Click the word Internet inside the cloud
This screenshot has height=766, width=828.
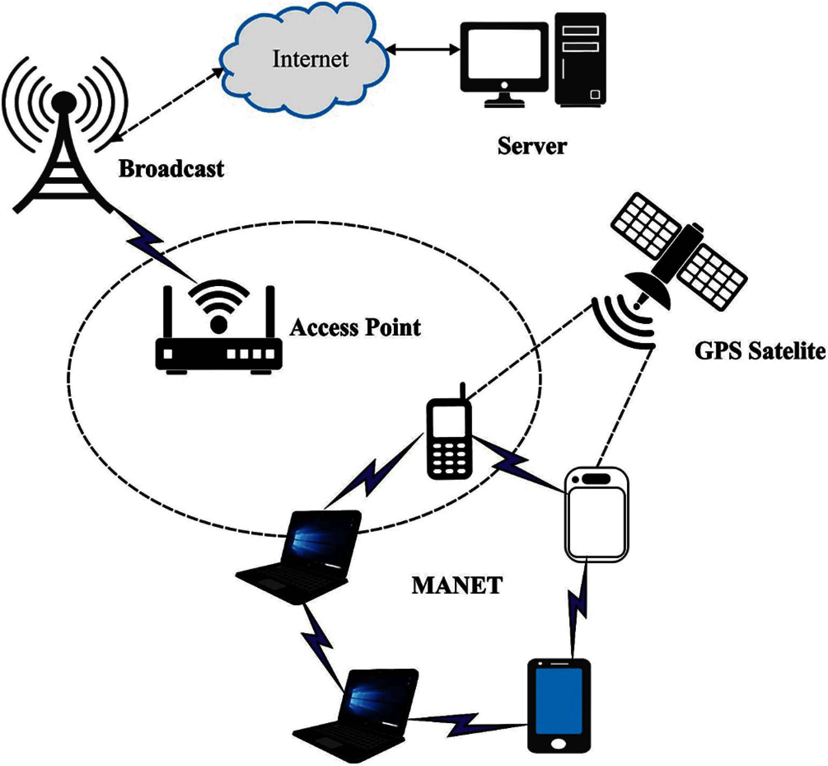310,59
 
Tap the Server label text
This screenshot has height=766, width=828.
532,146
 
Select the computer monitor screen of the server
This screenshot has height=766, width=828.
504,54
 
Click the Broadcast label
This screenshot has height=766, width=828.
171,169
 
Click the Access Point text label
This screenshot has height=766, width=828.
355,327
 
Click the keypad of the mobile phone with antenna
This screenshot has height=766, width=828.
449,458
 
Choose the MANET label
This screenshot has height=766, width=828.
457,586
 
